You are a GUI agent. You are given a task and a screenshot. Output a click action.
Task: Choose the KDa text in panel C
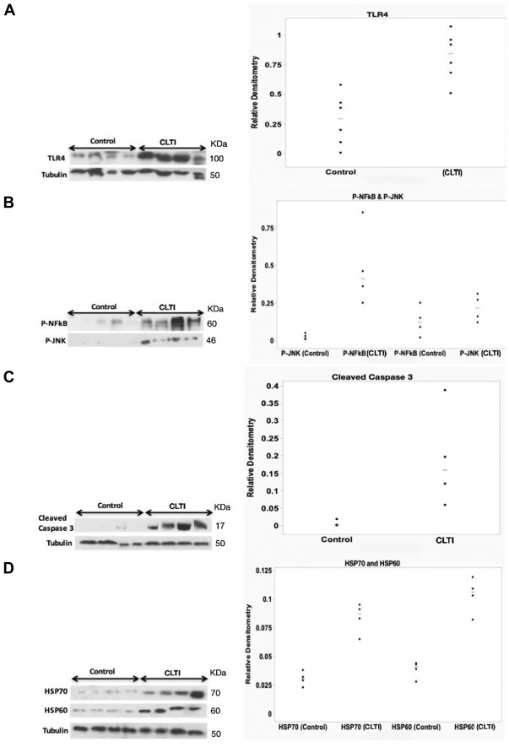click(x=222, y=507)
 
